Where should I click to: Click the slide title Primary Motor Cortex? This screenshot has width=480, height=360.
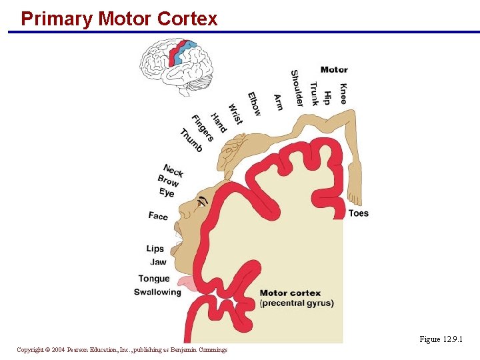tap(119, 19)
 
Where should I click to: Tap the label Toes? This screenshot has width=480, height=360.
tap(358, 213)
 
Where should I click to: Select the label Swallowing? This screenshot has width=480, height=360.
tap(157, 292)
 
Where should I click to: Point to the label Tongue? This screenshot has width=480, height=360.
tap(154, 279)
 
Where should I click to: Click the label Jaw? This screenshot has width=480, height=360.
tap(158, 262)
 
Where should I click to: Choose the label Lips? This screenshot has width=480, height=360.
tap(155, 249)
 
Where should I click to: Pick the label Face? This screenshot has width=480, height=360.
tap(158, 215)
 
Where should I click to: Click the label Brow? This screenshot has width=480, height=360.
tap(168, 181)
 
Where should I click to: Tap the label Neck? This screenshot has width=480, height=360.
tap(173, 170)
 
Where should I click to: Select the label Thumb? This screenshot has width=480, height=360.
tap(191, 139)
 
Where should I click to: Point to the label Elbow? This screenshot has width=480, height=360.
tap(254, 103)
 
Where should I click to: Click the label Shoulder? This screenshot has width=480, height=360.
tap(296, 88)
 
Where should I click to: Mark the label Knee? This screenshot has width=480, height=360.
tap(343, 93)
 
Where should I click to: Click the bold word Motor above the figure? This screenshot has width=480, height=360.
tap(333, 69)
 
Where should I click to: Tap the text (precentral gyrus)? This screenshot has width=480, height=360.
tap(296, 303)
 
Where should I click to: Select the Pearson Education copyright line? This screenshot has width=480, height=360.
tap(122, 349)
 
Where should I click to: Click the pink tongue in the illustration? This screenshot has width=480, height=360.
tap(188, 284)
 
